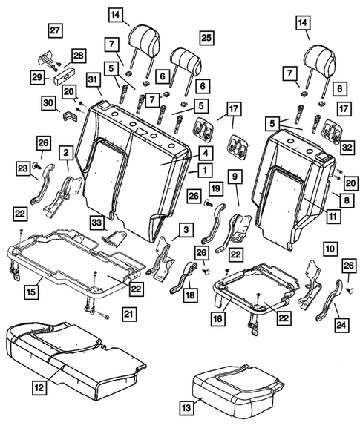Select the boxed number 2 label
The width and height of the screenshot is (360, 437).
click(66, 153)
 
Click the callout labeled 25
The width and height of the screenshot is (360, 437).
click(206, 37)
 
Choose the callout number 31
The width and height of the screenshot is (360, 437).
click(94, 80)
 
